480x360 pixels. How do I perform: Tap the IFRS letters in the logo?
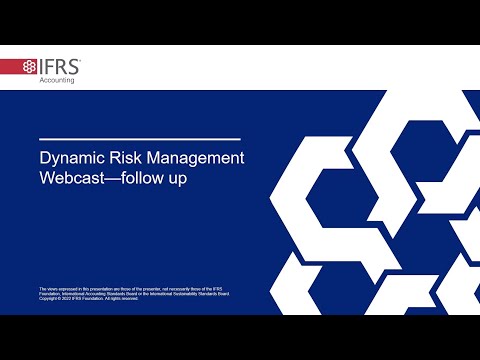[x=61, y=67]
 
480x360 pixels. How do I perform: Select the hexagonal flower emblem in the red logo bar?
[x=31, y=67]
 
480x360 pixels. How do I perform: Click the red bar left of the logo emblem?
[x=10, y=67]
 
